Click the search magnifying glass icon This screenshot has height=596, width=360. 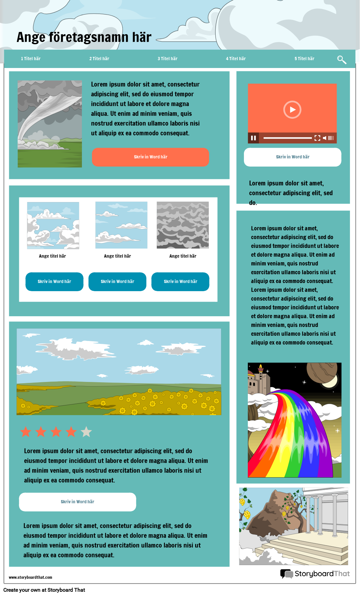pos(341,60)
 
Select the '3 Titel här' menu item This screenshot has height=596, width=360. pos(167,59)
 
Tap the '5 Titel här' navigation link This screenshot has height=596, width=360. pos(304,59)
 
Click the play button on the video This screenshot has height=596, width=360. pos(292,110)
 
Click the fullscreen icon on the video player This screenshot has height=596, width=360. pos(317,138)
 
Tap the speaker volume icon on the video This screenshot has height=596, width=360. pos(325,138)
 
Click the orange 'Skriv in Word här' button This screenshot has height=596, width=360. pos(151,157)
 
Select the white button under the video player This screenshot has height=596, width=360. pos(292,157)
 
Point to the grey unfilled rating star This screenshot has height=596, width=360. pos(86,432)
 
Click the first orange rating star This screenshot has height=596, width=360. pos(26,432)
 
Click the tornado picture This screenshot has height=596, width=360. pos(50,124)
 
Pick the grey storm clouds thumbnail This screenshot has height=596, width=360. pos(183,225)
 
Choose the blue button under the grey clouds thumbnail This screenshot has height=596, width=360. pos(180,281)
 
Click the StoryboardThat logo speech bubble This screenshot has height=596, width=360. pos(287,574)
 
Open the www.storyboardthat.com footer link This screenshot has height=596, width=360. pos(31,577)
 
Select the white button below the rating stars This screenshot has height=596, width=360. pos(77,502)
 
